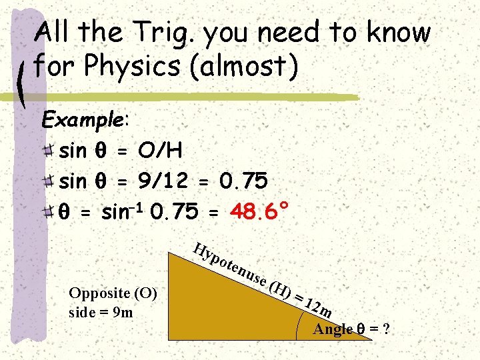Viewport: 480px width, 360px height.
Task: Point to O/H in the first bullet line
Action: coord(161,151)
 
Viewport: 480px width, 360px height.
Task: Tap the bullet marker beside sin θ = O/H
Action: coord(48,151)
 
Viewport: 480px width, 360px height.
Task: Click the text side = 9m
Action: coord(101,312)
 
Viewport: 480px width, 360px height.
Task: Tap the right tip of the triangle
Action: coord(370,339)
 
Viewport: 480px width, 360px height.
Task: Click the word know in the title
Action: coord(401,32)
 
